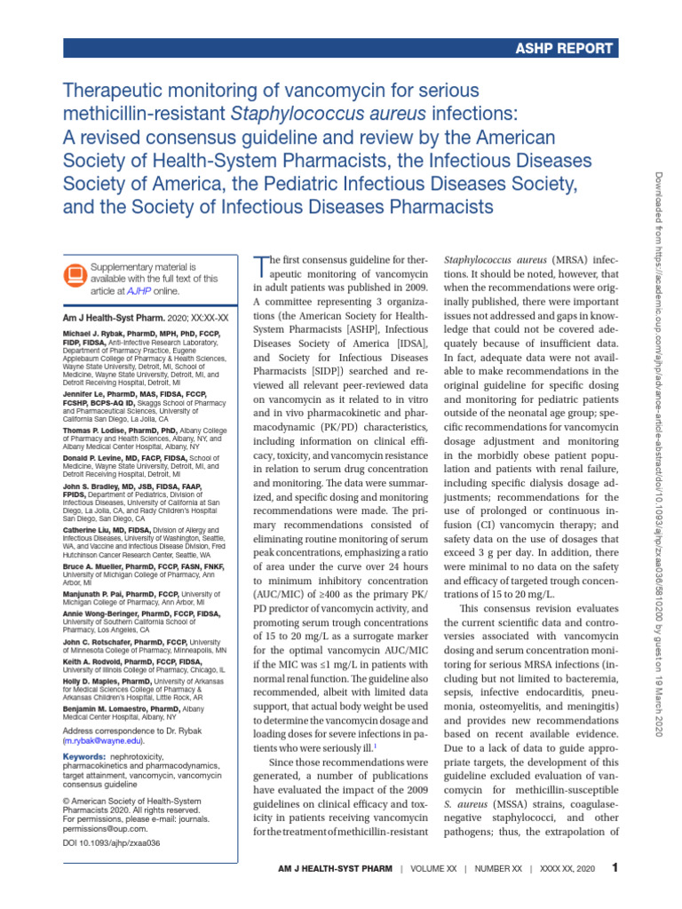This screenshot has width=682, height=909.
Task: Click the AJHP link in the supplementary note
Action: click(x=141, y=290)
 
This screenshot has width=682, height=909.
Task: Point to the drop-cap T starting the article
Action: click(x=261, y=265)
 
